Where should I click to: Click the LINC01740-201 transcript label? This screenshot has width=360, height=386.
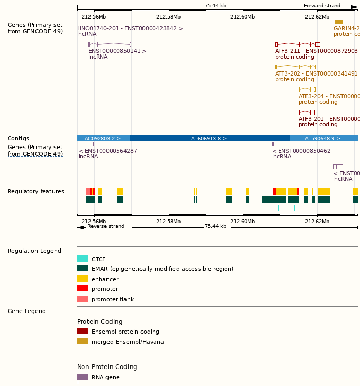(130, 28)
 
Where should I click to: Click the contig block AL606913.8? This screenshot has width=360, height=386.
(209, 138)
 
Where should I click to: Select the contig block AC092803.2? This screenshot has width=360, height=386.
(103, 138)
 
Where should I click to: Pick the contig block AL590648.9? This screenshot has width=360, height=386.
(323, 138)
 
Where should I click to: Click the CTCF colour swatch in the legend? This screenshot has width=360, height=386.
(82, 259)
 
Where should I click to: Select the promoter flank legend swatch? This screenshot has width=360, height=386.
(82, 299)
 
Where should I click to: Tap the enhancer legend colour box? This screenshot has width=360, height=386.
(82, 279)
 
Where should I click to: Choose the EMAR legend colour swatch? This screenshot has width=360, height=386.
(82, 268)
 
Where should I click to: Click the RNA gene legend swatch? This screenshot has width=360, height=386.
(82, 377)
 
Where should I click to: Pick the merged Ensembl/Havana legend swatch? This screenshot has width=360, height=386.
(82, 341)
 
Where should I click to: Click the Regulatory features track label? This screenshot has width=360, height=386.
(36, 192)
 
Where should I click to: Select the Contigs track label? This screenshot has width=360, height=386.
(19, 138)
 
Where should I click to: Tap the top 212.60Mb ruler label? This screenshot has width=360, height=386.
(242, 16)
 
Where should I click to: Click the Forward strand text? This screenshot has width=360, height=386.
(322, 6)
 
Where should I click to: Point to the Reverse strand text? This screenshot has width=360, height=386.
(106, 226)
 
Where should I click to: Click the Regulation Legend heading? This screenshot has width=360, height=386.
(34, 251)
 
